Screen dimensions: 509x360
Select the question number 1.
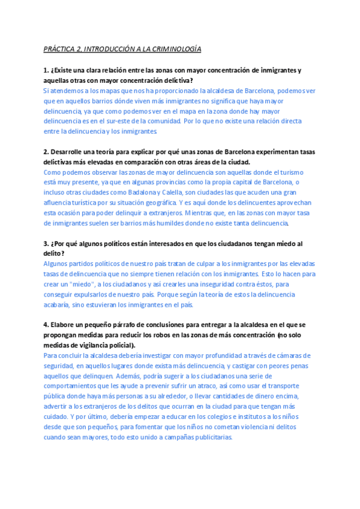46,70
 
